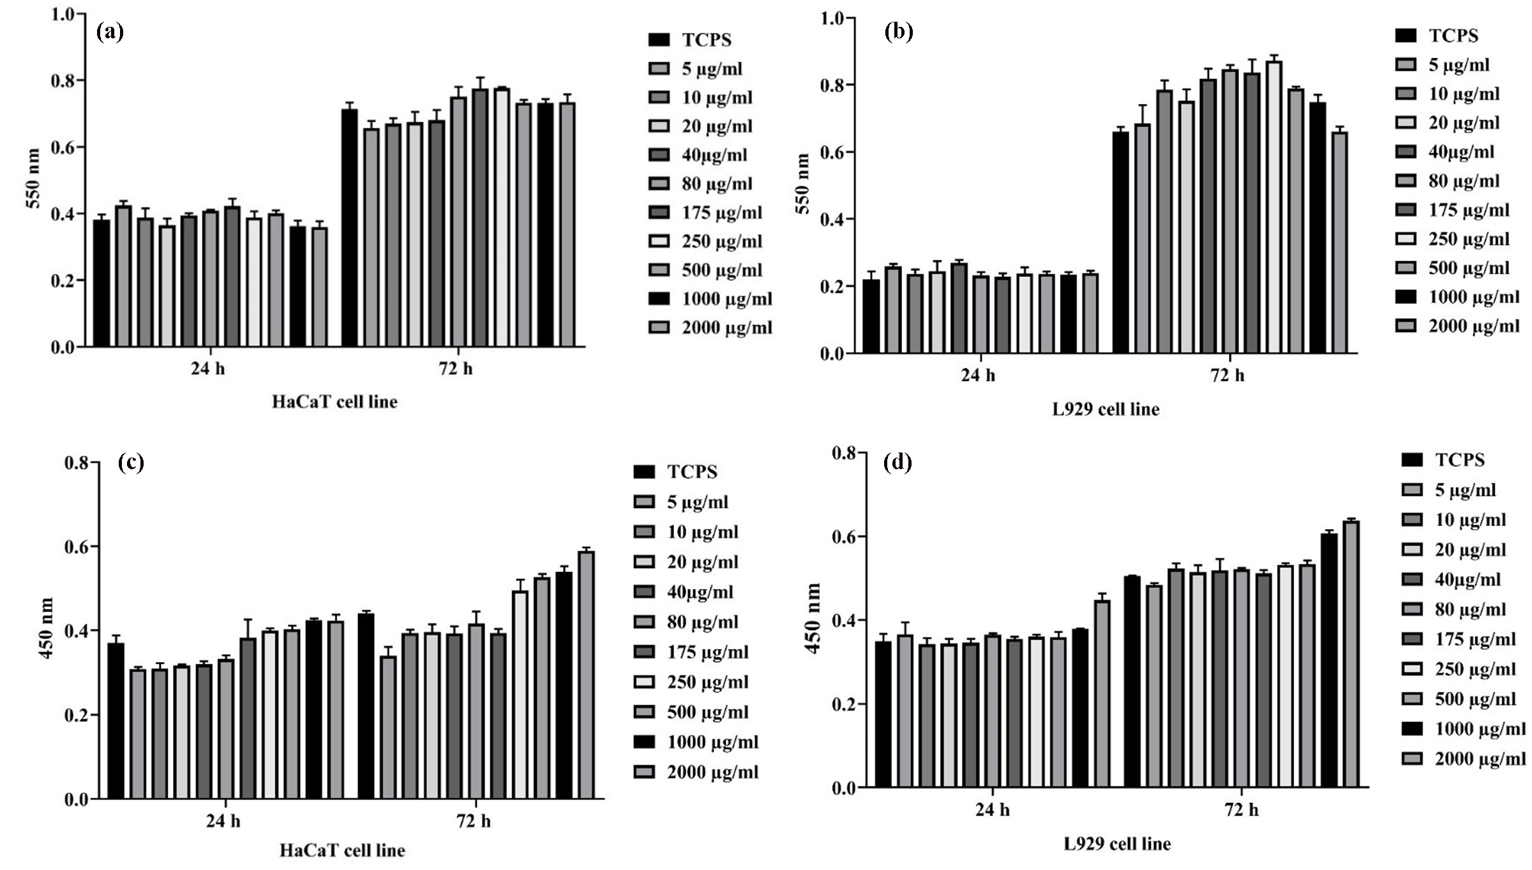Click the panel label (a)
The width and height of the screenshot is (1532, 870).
point(109,31)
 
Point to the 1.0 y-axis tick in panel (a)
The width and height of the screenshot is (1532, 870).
point(63,13)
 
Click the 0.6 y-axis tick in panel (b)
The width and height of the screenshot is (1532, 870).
point(833,153)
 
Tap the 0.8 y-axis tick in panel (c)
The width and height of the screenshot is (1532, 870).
point(76,463)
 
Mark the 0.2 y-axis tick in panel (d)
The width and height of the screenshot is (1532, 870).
point(843,704)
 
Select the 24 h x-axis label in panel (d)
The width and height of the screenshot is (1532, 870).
point(992,810)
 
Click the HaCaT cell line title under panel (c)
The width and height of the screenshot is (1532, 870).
point(342,850)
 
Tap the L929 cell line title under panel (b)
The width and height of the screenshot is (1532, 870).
point(1106,409)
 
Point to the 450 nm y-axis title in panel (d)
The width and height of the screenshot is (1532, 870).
point(813,618)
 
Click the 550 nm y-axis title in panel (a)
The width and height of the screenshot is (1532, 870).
point(33,178)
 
